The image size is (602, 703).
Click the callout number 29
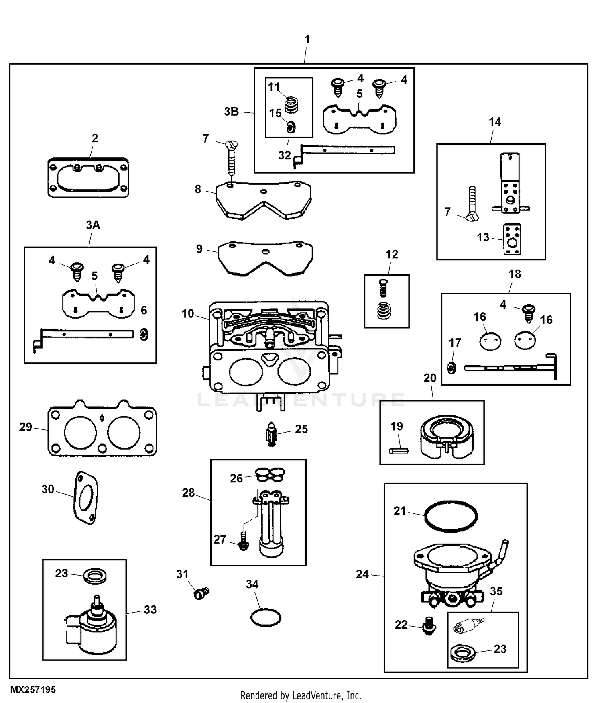click(26, 427)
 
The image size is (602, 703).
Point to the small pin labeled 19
click(399, 451)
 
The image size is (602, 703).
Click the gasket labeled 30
click(86, 498)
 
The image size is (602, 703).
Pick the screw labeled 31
click(202, 593)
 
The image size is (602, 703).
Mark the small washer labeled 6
click(144, 334)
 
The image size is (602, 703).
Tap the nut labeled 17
click(452, 367)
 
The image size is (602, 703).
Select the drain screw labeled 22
click(429, 626)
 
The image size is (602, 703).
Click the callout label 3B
click(232, 112)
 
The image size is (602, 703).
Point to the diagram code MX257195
click(33, 689)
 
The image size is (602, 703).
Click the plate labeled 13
click(512, 239)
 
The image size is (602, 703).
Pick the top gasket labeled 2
click(88, 178)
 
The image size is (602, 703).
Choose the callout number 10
click(187, 314)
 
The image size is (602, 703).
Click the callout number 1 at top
click(307, 39)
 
